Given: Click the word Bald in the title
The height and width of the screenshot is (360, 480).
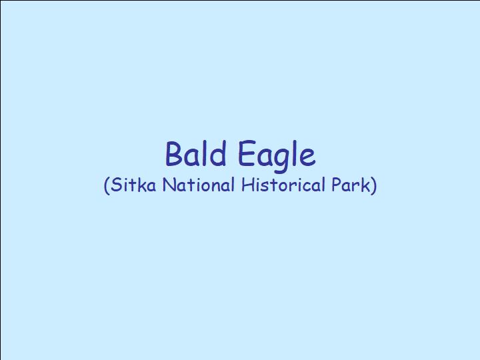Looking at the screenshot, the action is [196, 153].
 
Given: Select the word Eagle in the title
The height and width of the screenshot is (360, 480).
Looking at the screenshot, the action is [277, 155].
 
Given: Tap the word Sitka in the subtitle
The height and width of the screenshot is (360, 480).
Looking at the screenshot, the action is [133, 185].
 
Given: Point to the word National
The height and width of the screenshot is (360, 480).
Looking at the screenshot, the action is [199, 185].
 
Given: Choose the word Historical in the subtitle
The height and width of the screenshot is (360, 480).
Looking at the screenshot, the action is [283, 185].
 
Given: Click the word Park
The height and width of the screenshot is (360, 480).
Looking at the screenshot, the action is [351, 185].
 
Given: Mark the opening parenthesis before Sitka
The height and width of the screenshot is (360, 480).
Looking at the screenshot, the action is [107, 185].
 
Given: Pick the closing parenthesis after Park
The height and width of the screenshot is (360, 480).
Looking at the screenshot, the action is [374, 185].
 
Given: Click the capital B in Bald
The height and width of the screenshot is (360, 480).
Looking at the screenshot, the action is [174, 153].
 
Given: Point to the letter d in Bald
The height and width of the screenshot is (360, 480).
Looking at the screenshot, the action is [217, 153].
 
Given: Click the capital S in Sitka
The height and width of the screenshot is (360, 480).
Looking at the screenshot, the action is [116, 185].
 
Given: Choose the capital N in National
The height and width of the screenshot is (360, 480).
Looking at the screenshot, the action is [169, 185].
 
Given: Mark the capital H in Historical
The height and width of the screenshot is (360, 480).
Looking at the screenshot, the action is [247, 185].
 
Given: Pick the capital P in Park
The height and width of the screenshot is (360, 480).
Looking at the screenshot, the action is [337, 185].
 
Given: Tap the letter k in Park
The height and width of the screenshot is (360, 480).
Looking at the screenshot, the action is [365, 185].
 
